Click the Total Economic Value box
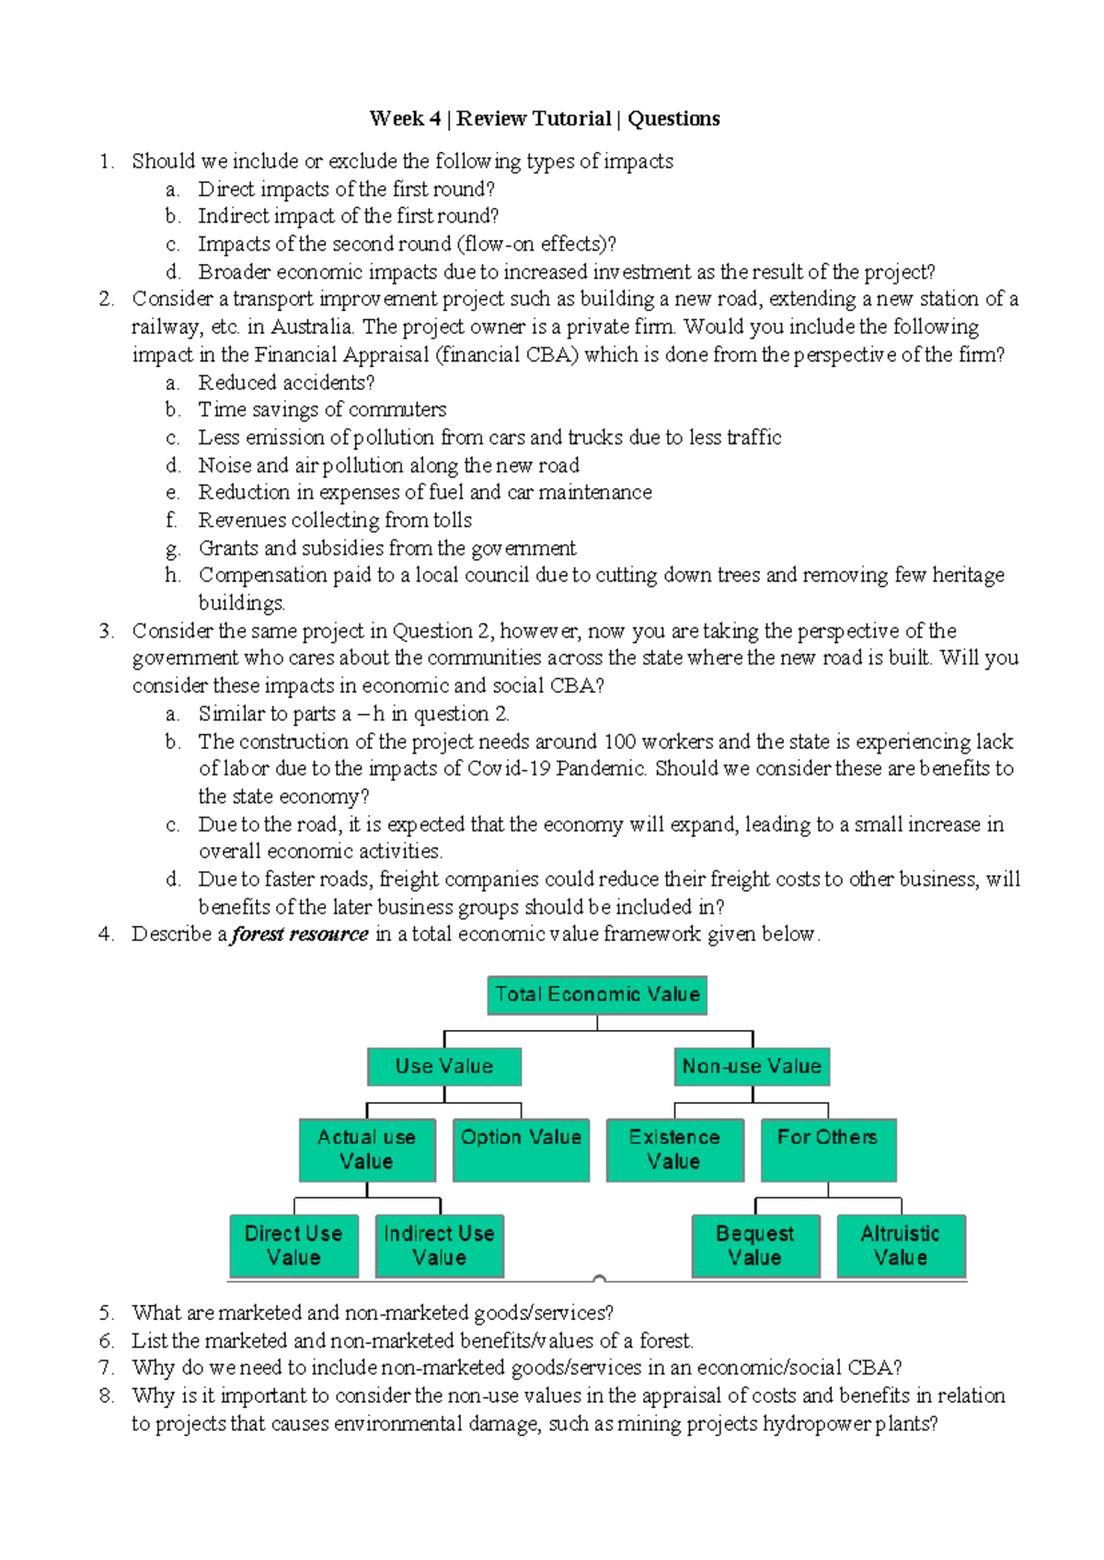click(597, 994)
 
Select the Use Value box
click(444, 1066)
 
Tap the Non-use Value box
click(752, 1066)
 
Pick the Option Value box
click(521, 1149)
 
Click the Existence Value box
click(674, 1149)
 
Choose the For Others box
click(828, 1149)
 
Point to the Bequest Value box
click(755, 1245)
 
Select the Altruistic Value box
click(901, 1245)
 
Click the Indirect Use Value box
click(439, 1245)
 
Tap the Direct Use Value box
click(293, 1245)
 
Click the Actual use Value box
click(367, 1149)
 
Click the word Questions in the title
click(673, 119)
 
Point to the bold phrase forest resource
click(300, 935)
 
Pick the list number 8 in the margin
click(106, 1396)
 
